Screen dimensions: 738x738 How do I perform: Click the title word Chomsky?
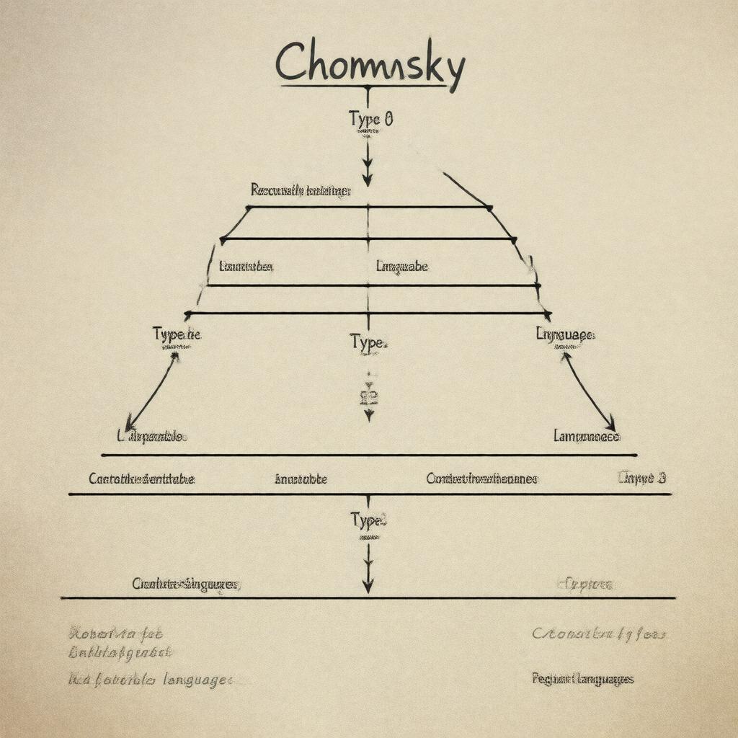point(369,63)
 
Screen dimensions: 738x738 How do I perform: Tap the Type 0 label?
point(370,119)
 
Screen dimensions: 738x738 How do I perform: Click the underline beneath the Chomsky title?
point(365,86)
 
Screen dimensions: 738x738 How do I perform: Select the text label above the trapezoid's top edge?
point(301,190)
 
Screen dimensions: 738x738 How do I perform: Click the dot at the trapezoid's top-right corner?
point(489,208)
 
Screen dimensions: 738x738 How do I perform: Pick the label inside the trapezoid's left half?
point(246,267)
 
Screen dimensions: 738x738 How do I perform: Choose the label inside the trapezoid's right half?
point(401,267)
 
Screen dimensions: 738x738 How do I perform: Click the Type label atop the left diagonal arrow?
point(177,334)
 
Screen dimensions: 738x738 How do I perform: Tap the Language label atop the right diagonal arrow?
point(565,334)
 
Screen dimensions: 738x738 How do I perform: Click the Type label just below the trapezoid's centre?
point(369,342)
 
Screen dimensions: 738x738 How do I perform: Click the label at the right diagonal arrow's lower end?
point(586,436)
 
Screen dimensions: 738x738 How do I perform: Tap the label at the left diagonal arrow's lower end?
point(152,436)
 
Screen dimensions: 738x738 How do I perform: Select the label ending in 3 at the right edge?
point(641,478)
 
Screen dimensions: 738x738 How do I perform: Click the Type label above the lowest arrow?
point(369,520)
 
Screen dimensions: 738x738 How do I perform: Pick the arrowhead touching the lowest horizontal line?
point(368,586)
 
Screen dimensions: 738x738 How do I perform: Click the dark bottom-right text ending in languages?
point(582,679)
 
